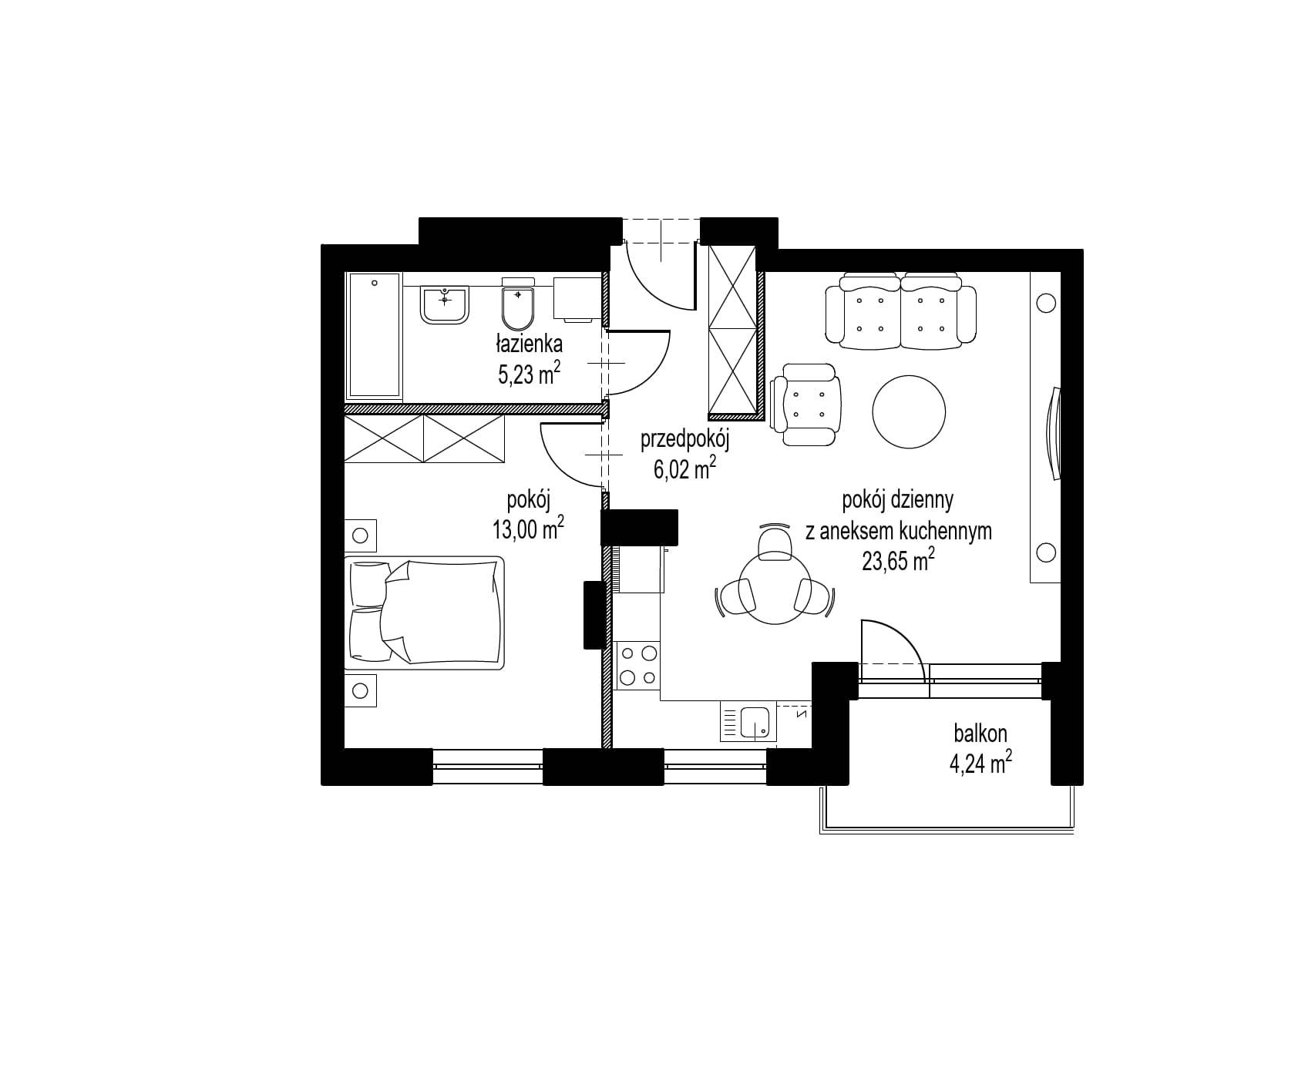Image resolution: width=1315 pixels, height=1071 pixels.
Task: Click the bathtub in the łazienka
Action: click(374, 337)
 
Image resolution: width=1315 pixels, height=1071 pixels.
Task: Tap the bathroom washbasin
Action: click(445, 304)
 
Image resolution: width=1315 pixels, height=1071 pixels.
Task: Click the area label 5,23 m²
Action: click(529, 374)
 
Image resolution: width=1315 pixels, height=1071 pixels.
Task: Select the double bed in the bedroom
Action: click(426, 613)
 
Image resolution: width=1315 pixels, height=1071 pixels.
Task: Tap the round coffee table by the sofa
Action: click(909, 411)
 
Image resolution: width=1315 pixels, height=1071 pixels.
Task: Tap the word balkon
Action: click(980, 734)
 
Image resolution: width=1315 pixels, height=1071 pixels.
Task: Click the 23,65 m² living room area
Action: click(898, 560)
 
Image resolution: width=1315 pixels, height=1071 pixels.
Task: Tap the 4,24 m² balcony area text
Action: click(980, 765)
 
